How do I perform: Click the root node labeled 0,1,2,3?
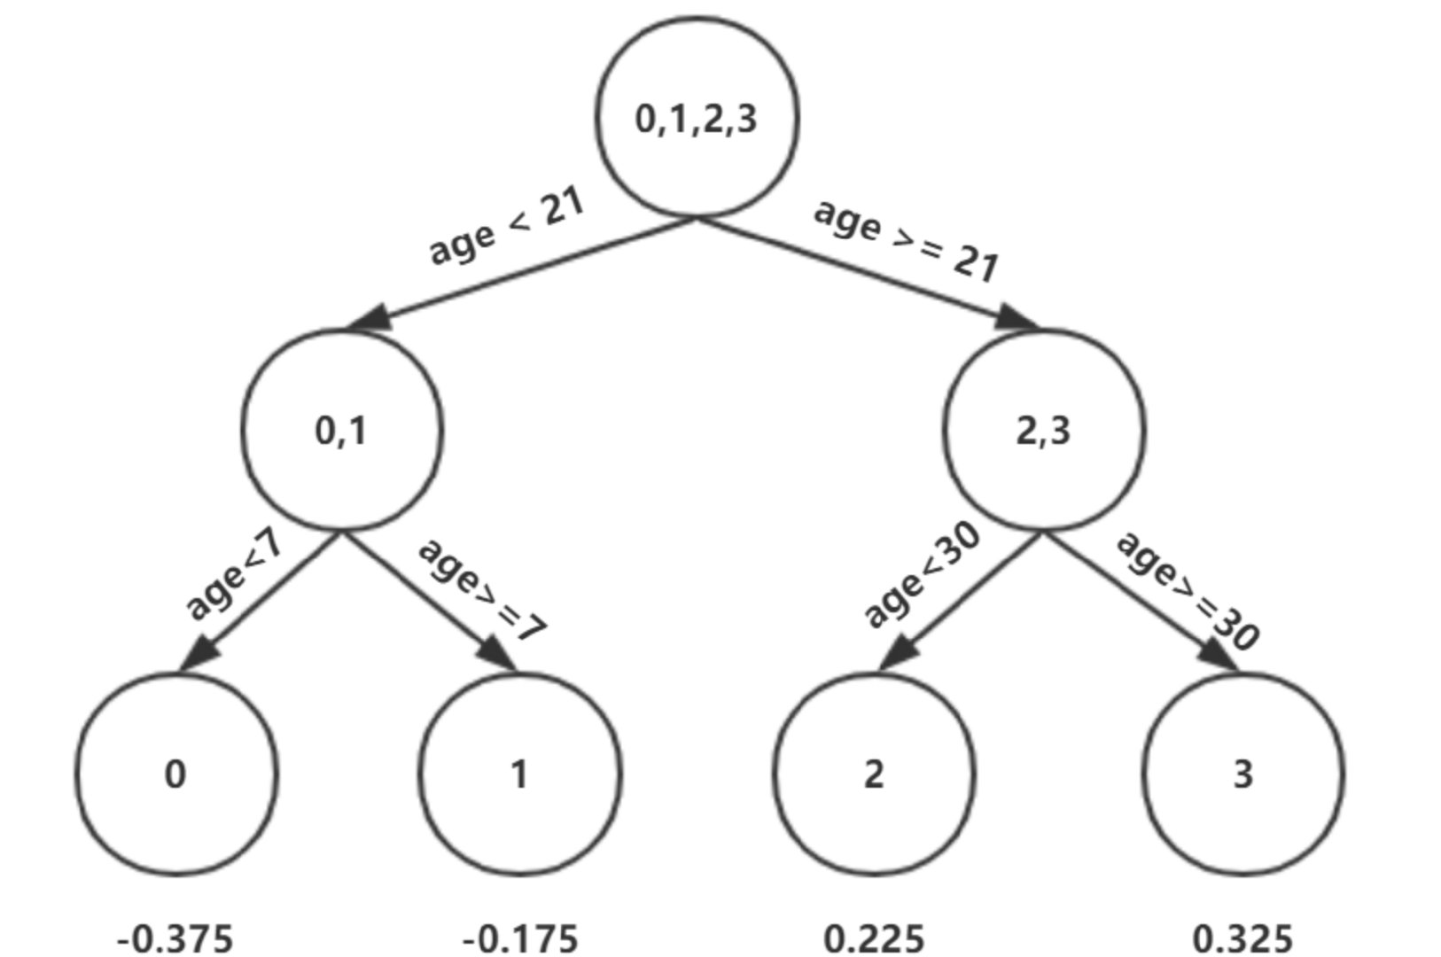tap(697, 117)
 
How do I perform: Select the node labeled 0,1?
tap(341, 431)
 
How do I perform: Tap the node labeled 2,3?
tap(1044, 431)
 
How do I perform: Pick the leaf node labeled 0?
tap(175, 774)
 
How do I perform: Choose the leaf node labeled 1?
tap(519, 774)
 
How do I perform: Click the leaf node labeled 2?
tap(874, 774)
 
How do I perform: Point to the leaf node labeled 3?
tap(1242, 774)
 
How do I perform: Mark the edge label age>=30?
tap(1188, 589)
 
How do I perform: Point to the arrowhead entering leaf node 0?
tap(199, 656)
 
